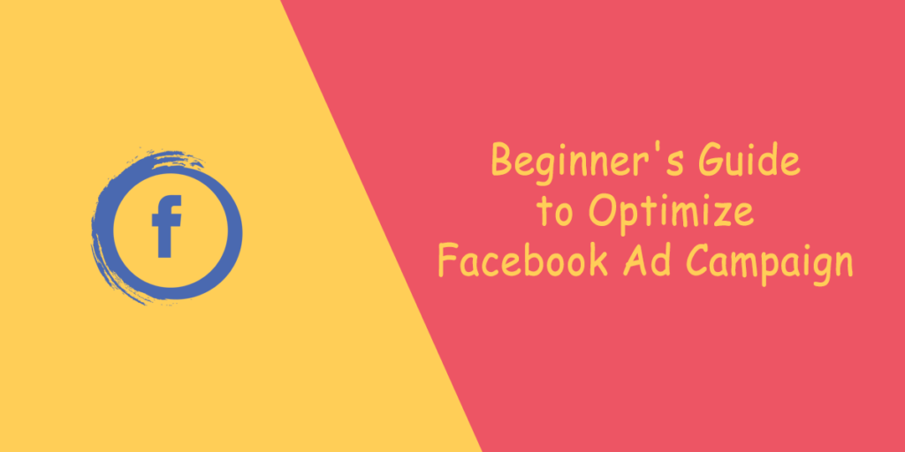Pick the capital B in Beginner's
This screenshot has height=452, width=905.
point(503,162)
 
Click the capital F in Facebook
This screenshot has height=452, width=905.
point(449,262)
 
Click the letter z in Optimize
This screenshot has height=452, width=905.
point(728,215)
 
